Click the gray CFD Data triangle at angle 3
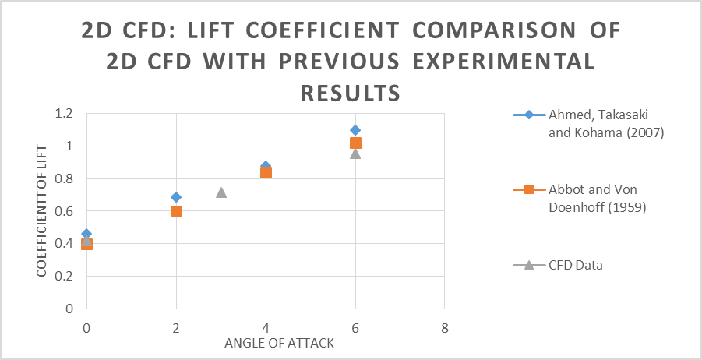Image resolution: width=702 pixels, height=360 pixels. tap(221, 192)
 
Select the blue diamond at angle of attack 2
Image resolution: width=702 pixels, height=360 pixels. tap(176, 197)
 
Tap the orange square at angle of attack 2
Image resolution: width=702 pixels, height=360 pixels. tap(176, 211)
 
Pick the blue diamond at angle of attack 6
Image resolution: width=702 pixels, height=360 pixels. tap(355, 130)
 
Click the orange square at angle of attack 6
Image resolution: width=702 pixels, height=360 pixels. tap(355, 143)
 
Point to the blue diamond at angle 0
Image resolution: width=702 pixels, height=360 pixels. tap(86, 234)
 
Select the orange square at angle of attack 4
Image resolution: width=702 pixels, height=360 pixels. tap(266, 172)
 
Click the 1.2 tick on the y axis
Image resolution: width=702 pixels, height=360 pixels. tap(64, 114)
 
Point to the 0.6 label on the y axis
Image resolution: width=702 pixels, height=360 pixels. tap(64, 211)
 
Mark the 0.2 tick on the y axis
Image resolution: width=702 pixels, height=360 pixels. tap(64, 276)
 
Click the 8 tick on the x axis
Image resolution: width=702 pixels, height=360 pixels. tap(445, 327)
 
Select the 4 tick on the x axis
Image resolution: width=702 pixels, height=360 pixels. tap(266, 327)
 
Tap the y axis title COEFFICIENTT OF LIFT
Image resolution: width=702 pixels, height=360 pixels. tap(43, 210)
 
